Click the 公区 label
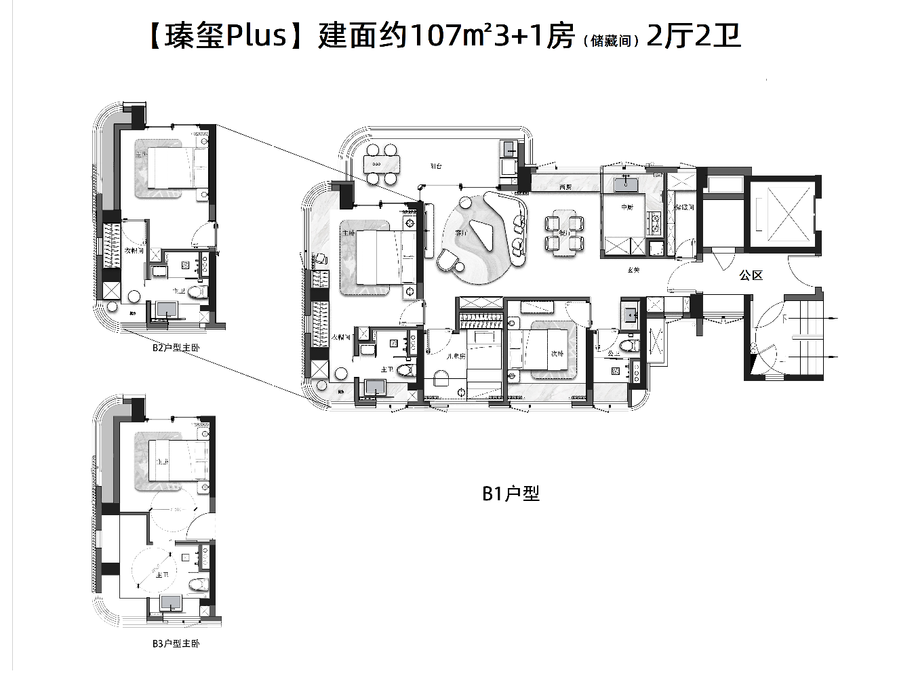coord(751,275)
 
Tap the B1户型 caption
coord(511,494)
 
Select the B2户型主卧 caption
coord(176,348)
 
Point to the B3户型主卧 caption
coord(176,643)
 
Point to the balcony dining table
coord(381,164)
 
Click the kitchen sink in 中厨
coord(626,184)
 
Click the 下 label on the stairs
coord(784,317)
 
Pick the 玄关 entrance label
coord(633,270)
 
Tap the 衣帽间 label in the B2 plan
coord(134,251)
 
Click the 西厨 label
coord(565,186)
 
